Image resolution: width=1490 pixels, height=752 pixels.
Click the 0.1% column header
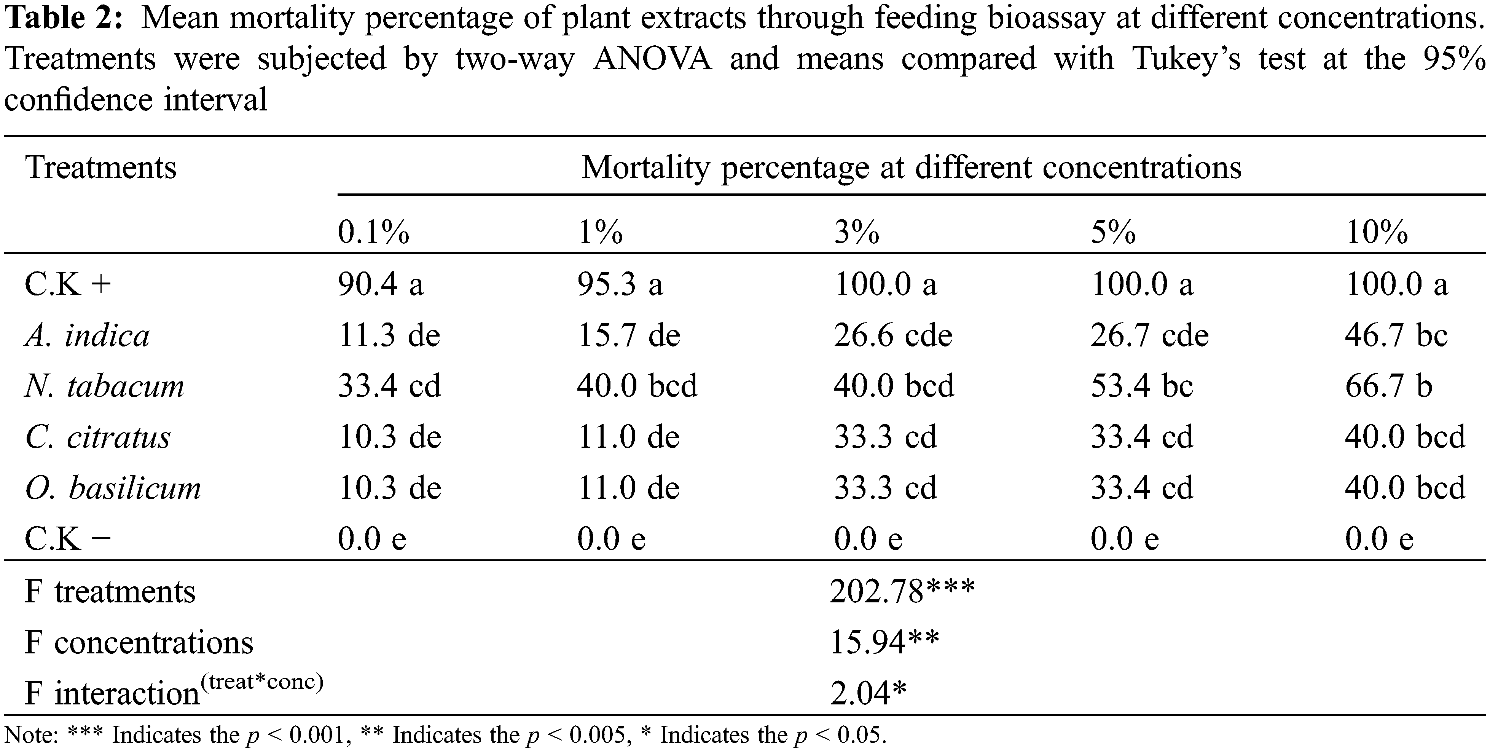[373, 233]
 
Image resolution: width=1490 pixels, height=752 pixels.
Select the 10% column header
[1377, 233]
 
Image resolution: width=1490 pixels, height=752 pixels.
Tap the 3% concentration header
[856, 233]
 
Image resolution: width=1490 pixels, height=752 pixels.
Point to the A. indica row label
[87, 335]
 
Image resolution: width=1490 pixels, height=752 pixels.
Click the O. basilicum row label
[113, 488]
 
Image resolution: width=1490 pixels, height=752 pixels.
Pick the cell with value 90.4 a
[381, 284]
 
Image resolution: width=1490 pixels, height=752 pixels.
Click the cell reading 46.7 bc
[1396, 335]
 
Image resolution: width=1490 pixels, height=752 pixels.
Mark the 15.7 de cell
[629, 335]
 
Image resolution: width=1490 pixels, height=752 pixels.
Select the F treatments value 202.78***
[902, 592]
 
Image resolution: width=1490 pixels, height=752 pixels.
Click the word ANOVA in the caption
[652, 59]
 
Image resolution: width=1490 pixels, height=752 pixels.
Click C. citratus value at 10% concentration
[1404, 437]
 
